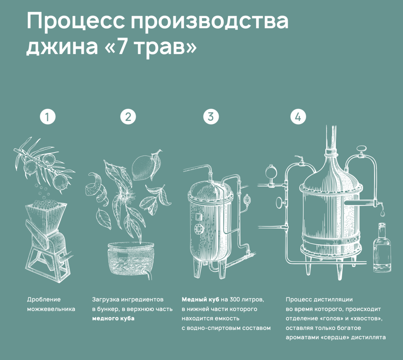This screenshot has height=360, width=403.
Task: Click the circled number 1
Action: pyautogui.click(x=48, y=117)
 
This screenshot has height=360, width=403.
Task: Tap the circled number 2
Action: pyautogui.click(x=128, y=117)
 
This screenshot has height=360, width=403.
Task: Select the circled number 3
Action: pyautogui.click(x=211, y=117)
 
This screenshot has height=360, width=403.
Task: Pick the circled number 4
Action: pyautogui.click(x=298, y=117)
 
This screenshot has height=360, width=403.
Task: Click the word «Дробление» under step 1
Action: pyautogui.click(x=44, y=299)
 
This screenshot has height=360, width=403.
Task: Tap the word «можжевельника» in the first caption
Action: pyautogui.click(x=51, y=309)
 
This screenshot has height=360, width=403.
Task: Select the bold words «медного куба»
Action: pyautogui.click(x=113, y=318)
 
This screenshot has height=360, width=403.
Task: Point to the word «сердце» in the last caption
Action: pyautogui.click(x=335, y=337)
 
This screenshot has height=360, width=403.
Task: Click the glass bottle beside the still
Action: pyautogui.click(x=382, y=248)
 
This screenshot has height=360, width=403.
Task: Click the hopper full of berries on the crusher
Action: pyautogui.click(x=46, y=210)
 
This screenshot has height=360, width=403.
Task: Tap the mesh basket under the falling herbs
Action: pyautogui.click(x=131, y=260)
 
